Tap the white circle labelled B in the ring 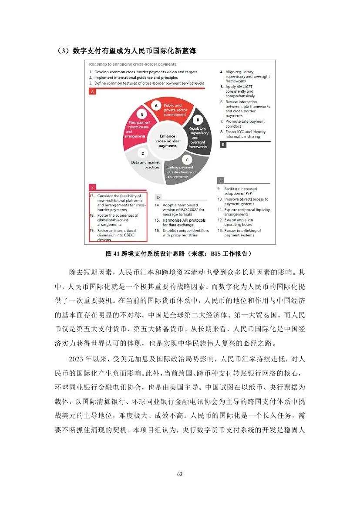click(198, 120)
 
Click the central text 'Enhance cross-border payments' click(167, 141)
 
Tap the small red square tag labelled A click(92, 92)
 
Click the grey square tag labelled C click(221, 181)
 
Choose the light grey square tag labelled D click(158, 197)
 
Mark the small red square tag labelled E click(92, 187)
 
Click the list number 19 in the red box click(92, 231)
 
